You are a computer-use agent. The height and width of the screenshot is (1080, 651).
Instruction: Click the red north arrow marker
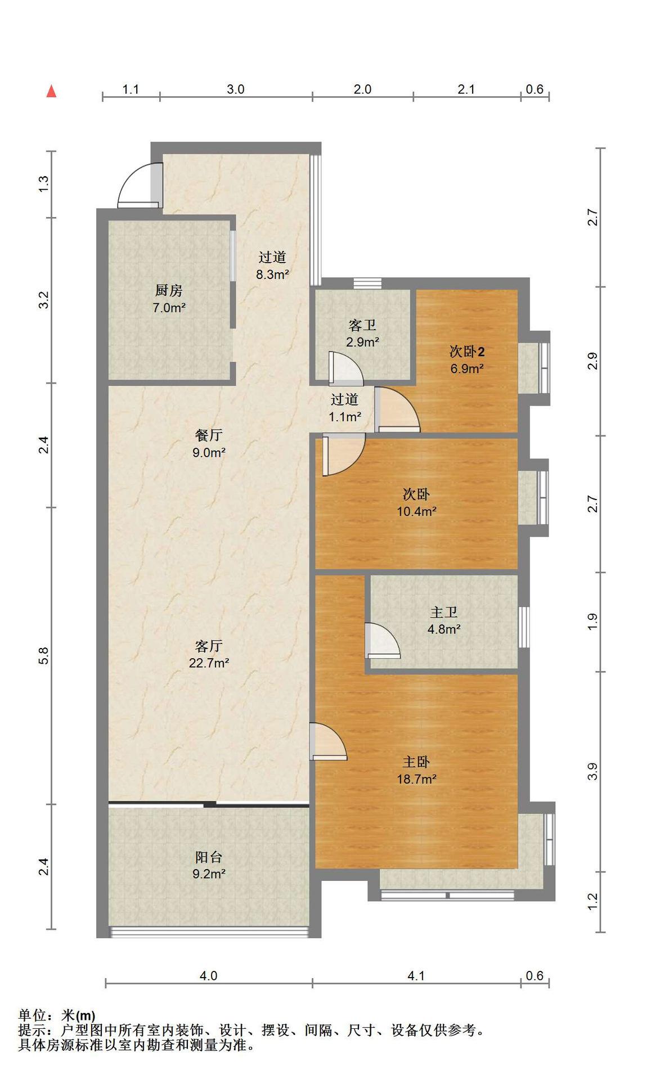[x=51, y=91]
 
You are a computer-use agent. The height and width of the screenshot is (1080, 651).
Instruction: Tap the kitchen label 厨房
[x=169, y=290]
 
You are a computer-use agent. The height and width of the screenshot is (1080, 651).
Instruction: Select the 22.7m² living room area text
[x=209, y=663]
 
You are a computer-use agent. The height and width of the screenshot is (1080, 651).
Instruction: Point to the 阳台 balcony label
[x=209, y=857]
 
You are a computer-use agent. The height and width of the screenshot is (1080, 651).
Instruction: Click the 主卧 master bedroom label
[x=416, y=762]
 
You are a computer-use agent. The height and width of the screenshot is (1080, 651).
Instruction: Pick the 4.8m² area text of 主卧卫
[x=444, y=629]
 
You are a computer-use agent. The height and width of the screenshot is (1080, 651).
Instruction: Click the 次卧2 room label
[x=467, y=352]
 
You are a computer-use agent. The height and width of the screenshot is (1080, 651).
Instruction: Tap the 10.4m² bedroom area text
[x=417, y=511]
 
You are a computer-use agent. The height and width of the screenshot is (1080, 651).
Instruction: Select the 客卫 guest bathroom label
[x=362, y=325]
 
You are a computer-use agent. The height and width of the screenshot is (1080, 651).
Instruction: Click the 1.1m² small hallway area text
[x=345, y=417]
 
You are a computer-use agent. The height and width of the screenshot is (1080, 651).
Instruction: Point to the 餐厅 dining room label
[x=209, y=434]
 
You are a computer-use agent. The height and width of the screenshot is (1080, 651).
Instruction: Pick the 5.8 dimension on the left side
[x=44, y=655]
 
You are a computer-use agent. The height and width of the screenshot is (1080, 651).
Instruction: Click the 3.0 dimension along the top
[x=236, y=89]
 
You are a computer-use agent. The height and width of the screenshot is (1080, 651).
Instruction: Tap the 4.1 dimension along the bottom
[x=416, y=975]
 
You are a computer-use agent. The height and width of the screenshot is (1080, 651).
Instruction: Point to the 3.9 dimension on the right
[x=592, y=771]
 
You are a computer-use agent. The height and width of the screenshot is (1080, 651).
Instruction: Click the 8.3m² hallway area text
[x=273, y=274]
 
